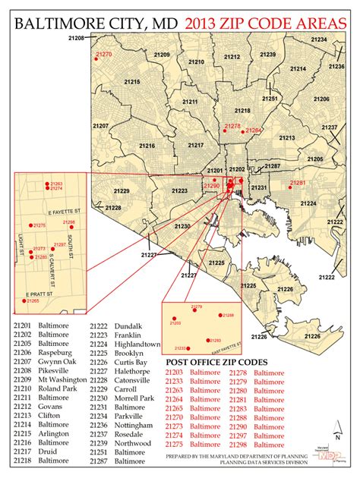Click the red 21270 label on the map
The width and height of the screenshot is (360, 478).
pos(104,55)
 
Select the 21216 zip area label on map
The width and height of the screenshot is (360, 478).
pos(147,146)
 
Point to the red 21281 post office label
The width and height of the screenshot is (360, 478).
pos(298,183)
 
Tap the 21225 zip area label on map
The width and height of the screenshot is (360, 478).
pos(217,263)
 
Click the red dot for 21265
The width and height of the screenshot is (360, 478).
pos(24,301)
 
